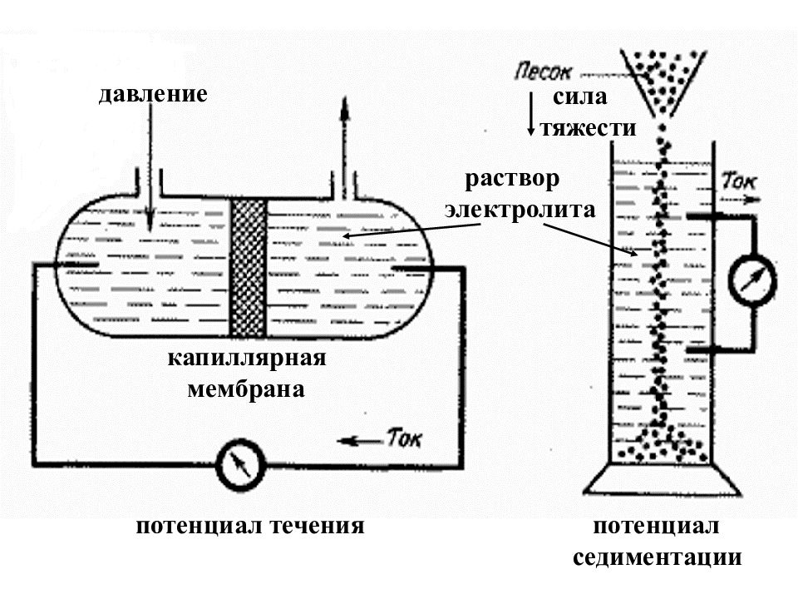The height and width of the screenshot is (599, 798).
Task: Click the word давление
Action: click(153, 94)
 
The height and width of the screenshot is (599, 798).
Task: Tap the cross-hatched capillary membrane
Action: click(248, 267)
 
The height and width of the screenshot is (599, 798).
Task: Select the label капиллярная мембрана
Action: click(247, 374)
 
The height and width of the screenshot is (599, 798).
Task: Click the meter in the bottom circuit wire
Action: click(240, 464)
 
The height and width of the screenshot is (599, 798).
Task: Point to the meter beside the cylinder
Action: click(753, 280)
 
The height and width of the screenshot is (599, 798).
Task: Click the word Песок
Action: click(543, 72)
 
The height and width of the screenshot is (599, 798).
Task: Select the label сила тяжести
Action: click(588, 112)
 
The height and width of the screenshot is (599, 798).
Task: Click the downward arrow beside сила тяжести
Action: click(530, 114)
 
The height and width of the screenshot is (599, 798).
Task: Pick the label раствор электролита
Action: click(520, 194)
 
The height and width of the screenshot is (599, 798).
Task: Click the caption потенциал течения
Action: click(250, 526)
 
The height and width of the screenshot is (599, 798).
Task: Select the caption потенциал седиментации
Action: click(657, 542)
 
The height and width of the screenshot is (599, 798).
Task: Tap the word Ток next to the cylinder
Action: click(740, 181)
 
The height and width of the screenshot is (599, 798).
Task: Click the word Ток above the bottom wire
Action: click(404, 438)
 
